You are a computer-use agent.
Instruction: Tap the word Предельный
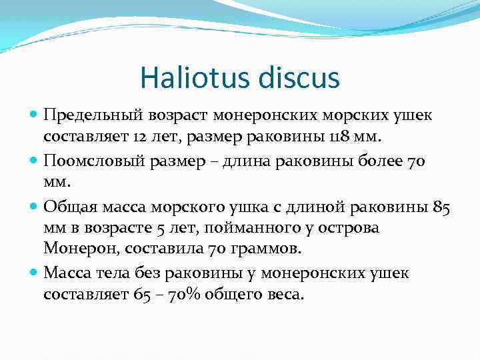click(x=85, y=116)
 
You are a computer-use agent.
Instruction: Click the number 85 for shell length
click(x=442, y=205)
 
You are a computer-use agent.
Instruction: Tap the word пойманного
click(x=235, y=227)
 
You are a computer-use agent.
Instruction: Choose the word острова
click(x=341, y=227)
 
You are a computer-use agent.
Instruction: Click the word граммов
click(x=270, y=249)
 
